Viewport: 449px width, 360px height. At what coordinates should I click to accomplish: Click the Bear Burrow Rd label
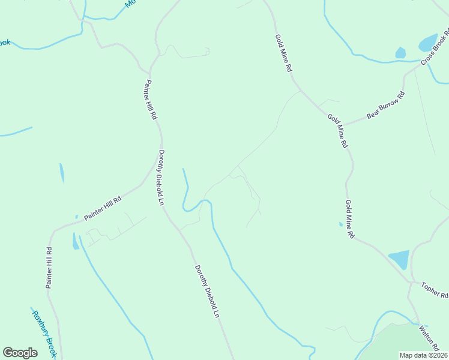[x=385, y=104]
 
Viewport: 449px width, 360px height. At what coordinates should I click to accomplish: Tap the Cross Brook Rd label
[x=435, y=47]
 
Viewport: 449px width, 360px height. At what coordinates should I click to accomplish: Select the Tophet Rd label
[x=435, y=290]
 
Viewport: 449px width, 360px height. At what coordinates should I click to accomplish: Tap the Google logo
[x=20, y=352]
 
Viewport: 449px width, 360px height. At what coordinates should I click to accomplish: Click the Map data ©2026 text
[x=424, y=355]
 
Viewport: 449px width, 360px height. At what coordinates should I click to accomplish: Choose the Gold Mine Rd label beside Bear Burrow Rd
[x=337, y=131]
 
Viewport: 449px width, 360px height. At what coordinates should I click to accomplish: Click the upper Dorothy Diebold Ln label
[x=161, y=177]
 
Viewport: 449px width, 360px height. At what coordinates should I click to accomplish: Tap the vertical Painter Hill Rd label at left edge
[x=49, y=267]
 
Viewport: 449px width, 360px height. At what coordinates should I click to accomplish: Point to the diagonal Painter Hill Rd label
[x=103, y=208]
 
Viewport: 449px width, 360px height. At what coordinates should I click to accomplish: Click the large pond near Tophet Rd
[x=399, y=259]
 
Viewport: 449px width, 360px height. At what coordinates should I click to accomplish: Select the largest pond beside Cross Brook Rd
[x=428, y=43]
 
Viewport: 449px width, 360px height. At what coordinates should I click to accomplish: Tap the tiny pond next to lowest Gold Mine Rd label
[x=340, y=224]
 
